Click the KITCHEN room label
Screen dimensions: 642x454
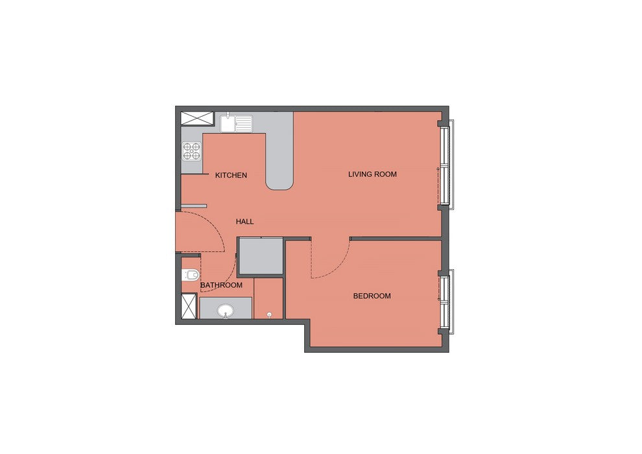231,175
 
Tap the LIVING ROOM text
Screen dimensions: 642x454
372,174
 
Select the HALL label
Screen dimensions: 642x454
245,221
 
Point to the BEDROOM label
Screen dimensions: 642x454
372,296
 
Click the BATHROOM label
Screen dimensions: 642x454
221,285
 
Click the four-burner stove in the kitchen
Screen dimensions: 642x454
192,150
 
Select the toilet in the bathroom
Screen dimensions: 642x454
191,275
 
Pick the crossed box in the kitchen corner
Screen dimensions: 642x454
197,118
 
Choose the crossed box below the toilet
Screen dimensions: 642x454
189,306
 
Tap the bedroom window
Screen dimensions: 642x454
446,302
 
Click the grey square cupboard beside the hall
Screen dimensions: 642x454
261,256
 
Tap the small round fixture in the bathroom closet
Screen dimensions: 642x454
269,315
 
